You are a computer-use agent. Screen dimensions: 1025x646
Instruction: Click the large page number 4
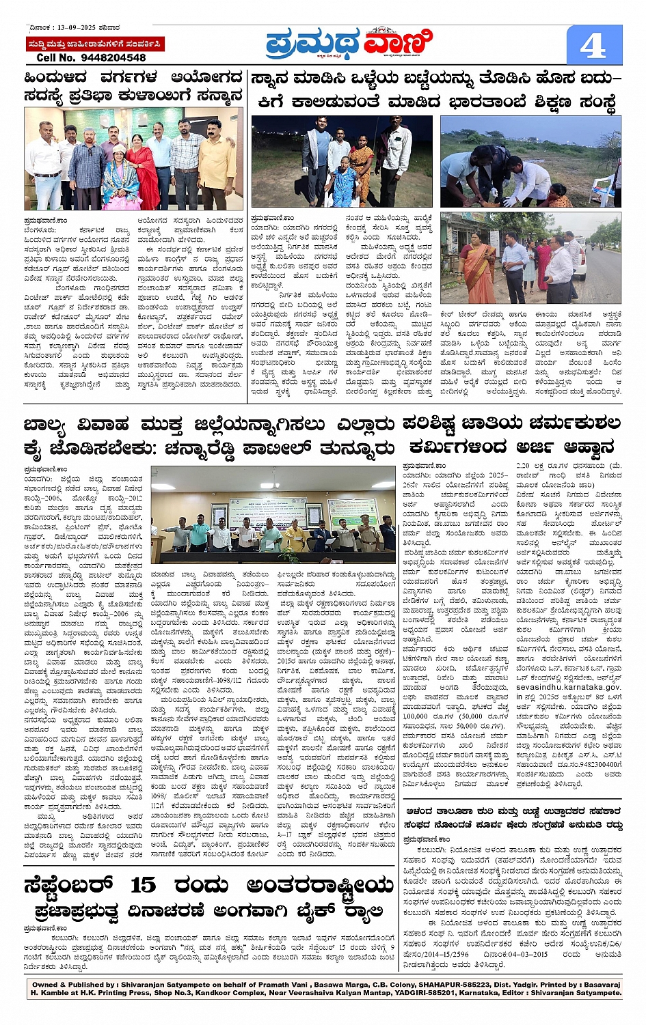593,46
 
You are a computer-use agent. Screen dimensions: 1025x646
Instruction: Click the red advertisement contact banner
95,44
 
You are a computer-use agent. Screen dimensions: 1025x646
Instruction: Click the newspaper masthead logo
349,43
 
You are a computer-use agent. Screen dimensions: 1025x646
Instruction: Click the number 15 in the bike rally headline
142,885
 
